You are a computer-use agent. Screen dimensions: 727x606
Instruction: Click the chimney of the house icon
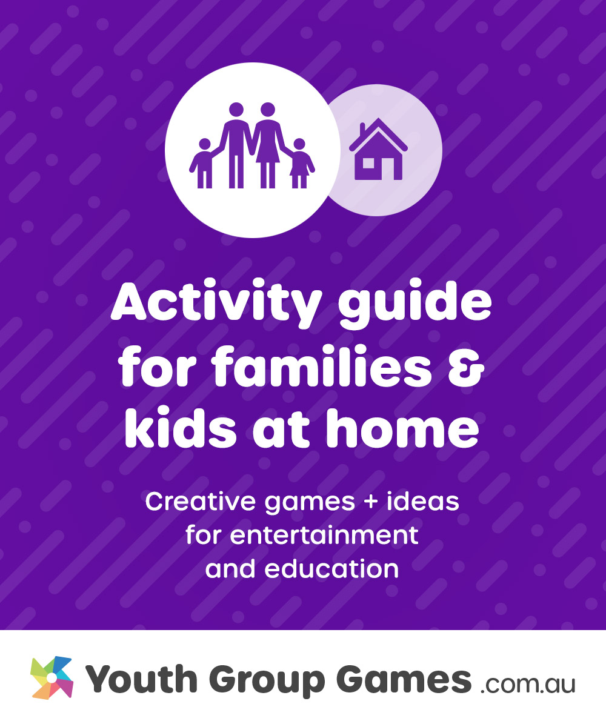coord(362,130)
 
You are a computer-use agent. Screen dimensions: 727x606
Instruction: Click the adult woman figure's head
coord(267,110)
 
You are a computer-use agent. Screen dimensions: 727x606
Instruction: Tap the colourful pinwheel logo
coord(52,677)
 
